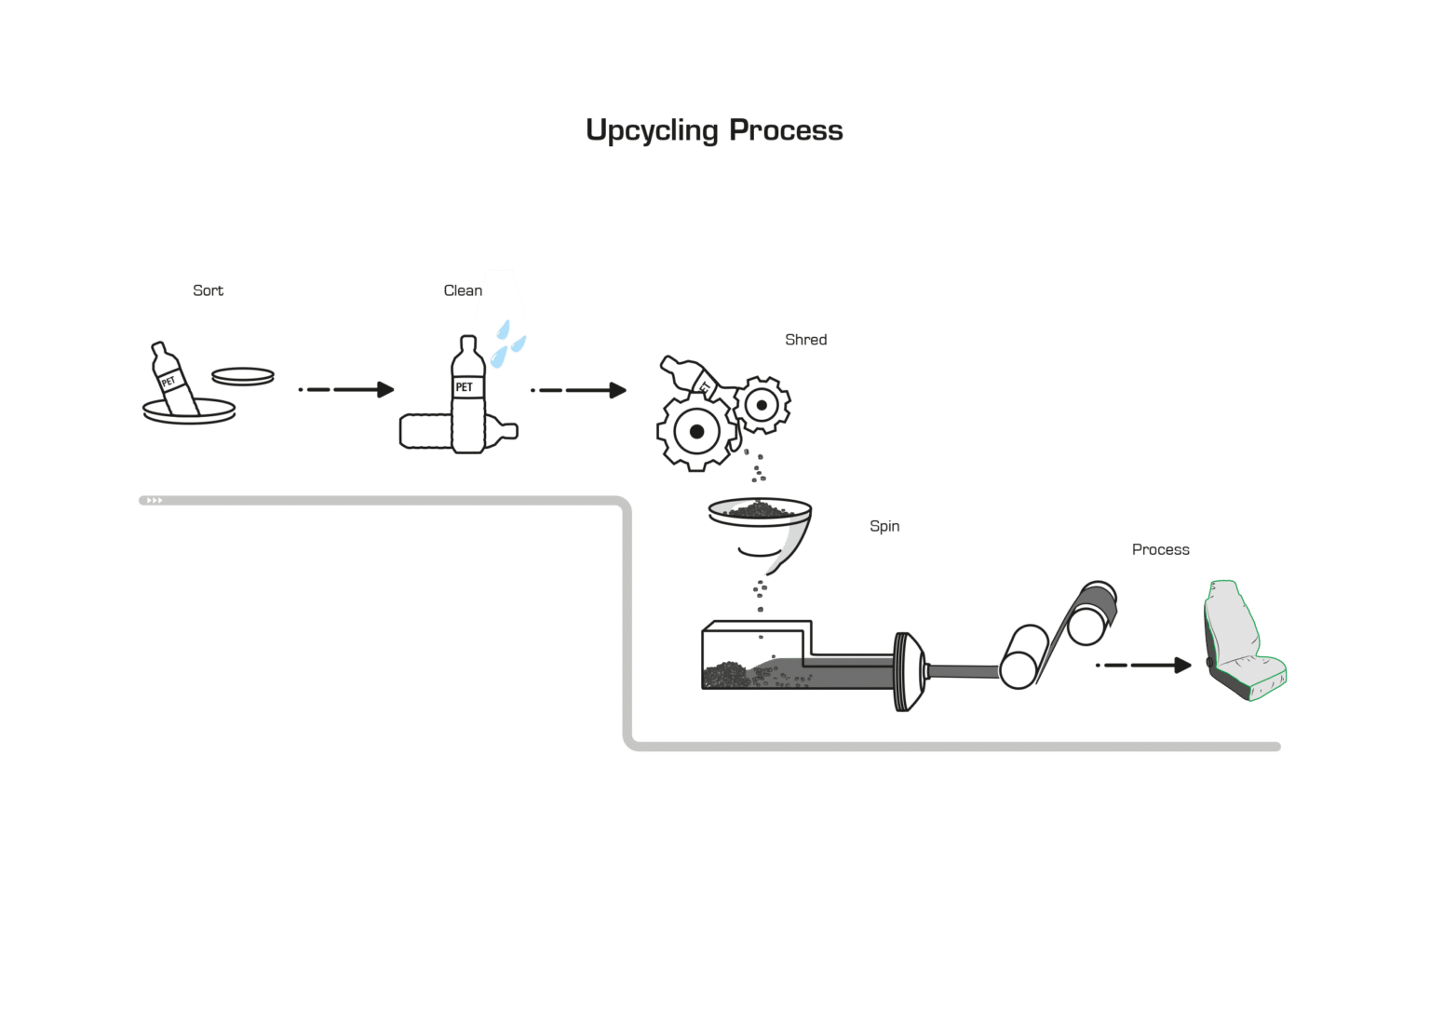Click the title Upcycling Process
(x=714, y=130)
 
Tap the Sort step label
(x=208, y=290)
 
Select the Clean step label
(x=460, y=290)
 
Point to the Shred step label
(x=805, y=340)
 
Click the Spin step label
(x=884, y=526)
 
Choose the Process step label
(x=1160, y=549)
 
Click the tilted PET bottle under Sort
(x=174, y=379)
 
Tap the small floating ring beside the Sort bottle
(x=243, y=376)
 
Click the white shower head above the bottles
(x=501, y=294)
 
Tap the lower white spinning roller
(x=1021, y=655)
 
